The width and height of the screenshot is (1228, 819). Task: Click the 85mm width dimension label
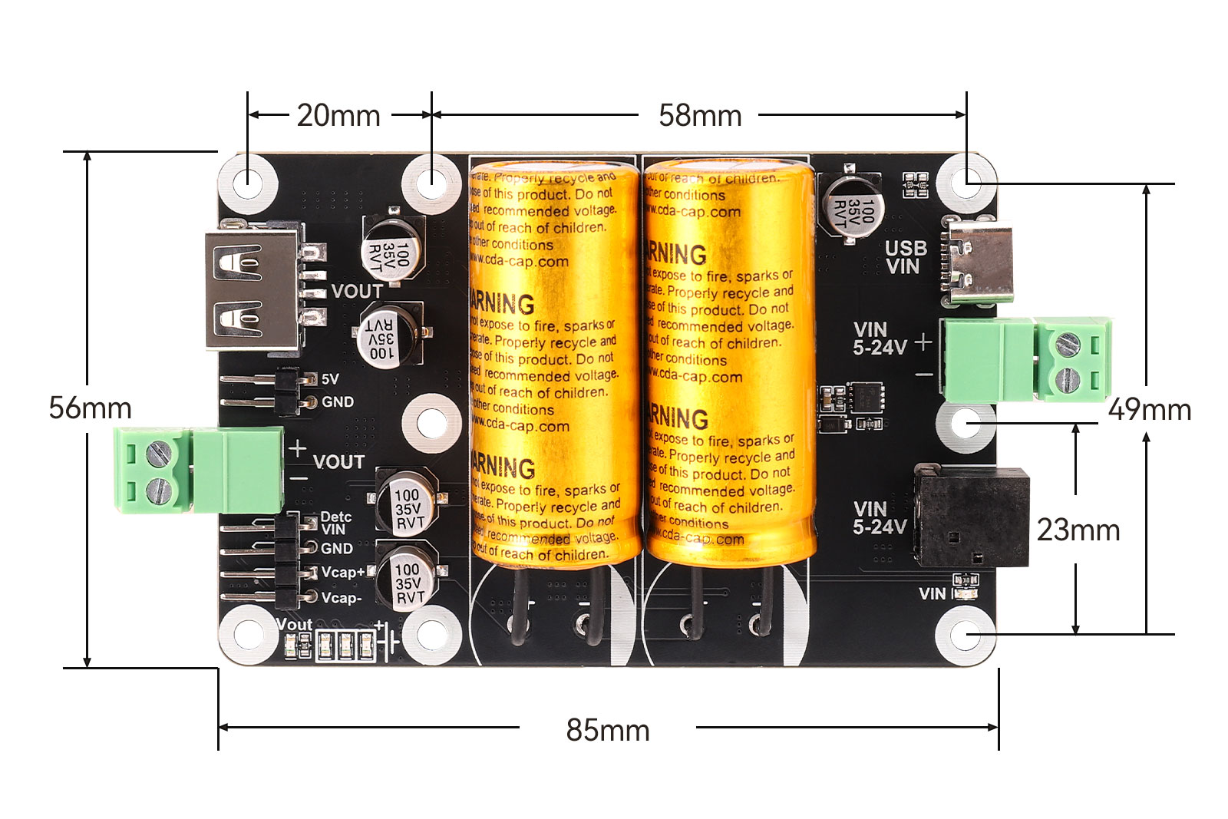607,730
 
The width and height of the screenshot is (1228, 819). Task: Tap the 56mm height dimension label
90,408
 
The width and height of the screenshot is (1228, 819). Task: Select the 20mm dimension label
338,116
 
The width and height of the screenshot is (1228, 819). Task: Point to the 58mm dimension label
700,116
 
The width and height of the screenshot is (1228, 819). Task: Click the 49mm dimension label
1149,410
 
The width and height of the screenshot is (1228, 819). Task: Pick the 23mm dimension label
1078,530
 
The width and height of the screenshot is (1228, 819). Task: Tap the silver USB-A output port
252,291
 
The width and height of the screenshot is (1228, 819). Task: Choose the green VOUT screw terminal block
198,470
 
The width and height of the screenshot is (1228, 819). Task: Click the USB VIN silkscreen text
906,257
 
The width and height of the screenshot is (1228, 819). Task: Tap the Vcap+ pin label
343,572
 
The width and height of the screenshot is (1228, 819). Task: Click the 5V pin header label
330,379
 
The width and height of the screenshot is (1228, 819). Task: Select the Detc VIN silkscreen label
335,523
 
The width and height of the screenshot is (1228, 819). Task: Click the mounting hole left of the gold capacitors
431,421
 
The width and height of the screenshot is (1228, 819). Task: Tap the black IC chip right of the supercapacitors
866,397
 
